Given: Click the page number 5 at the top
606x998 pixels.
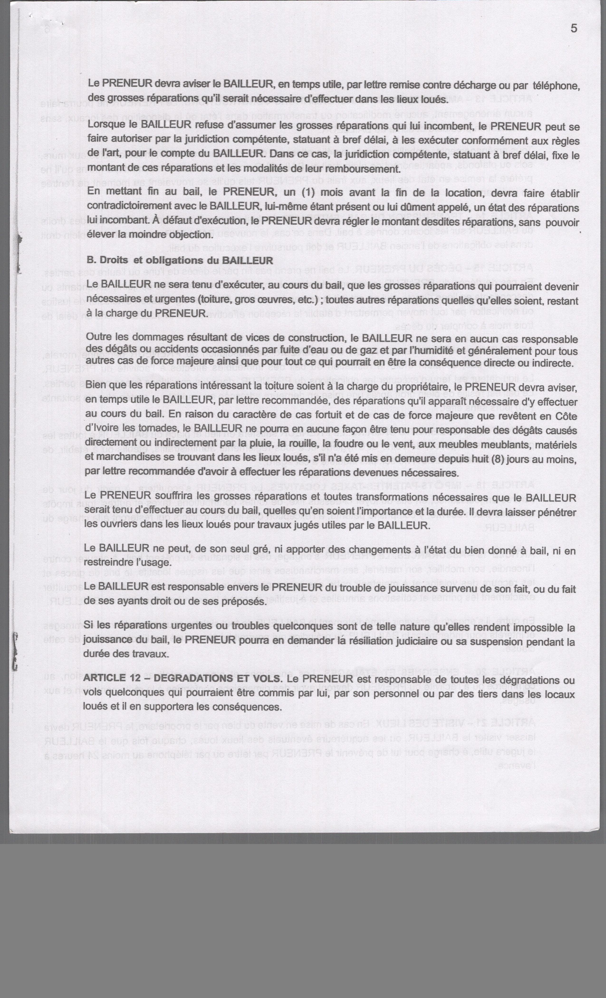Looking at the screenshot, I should (574, 28).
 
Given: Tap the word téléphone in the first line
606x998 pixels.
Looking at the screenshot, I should (556, 86).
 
